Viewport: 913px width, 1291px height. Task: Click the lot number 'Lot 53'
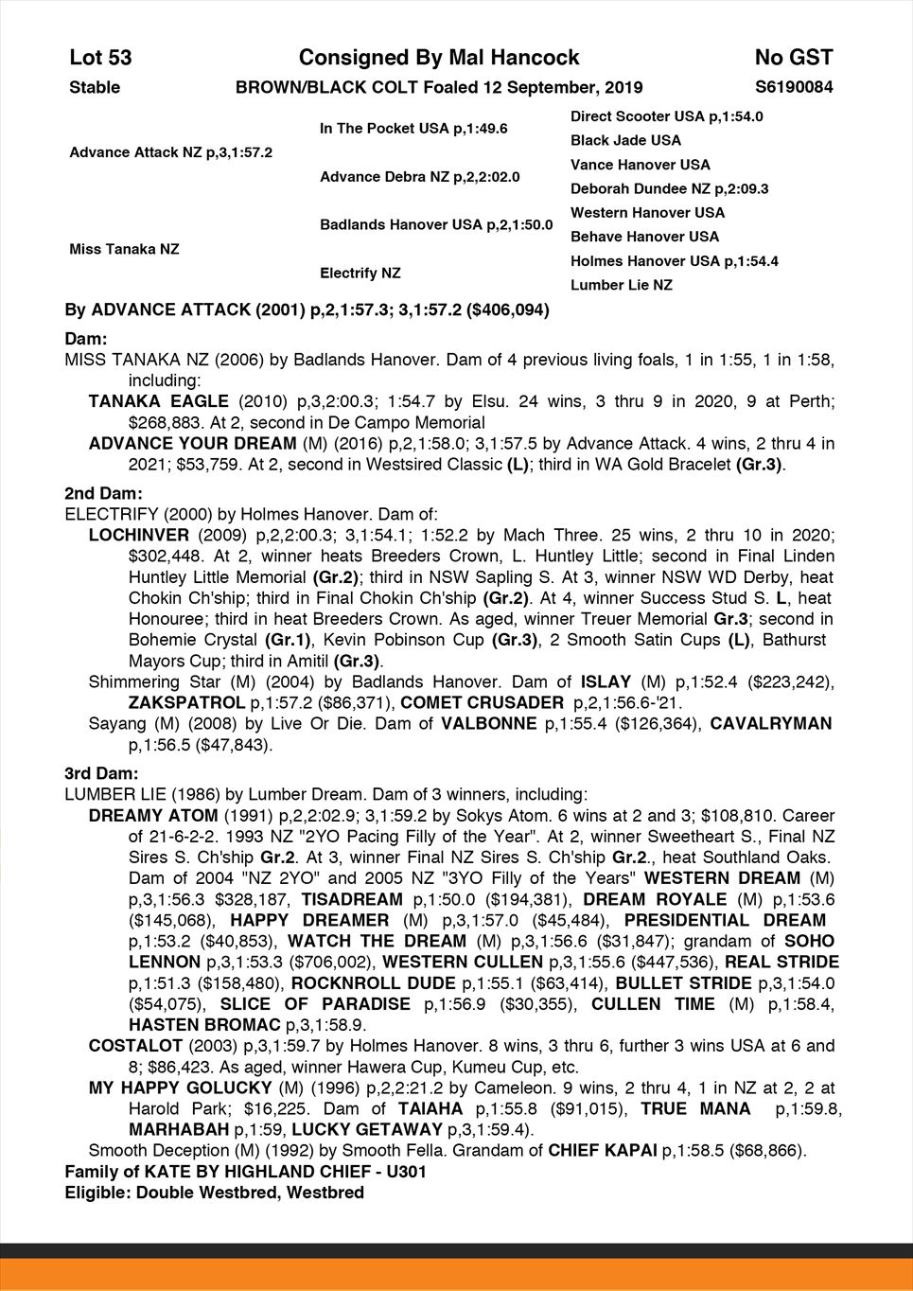tap(100, 58)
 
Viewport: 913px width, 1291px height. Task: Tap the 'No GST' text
tap(793, 58)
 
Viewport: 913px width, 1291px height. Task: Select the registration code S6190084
tap(794, 87)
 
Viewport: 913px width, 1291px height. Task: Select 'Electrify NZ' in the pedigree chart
tap(360, 273)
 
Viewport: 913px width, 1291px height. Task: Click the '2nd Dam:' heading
tap(103, 493)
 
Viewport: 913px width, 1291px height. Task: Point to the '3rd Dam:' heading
tap(101, 773)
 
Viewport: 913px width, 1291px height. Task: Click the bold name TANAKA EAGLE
tap(158, 401)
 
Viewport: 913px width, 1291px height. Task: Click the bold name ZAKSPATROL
tap(184, 702)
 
